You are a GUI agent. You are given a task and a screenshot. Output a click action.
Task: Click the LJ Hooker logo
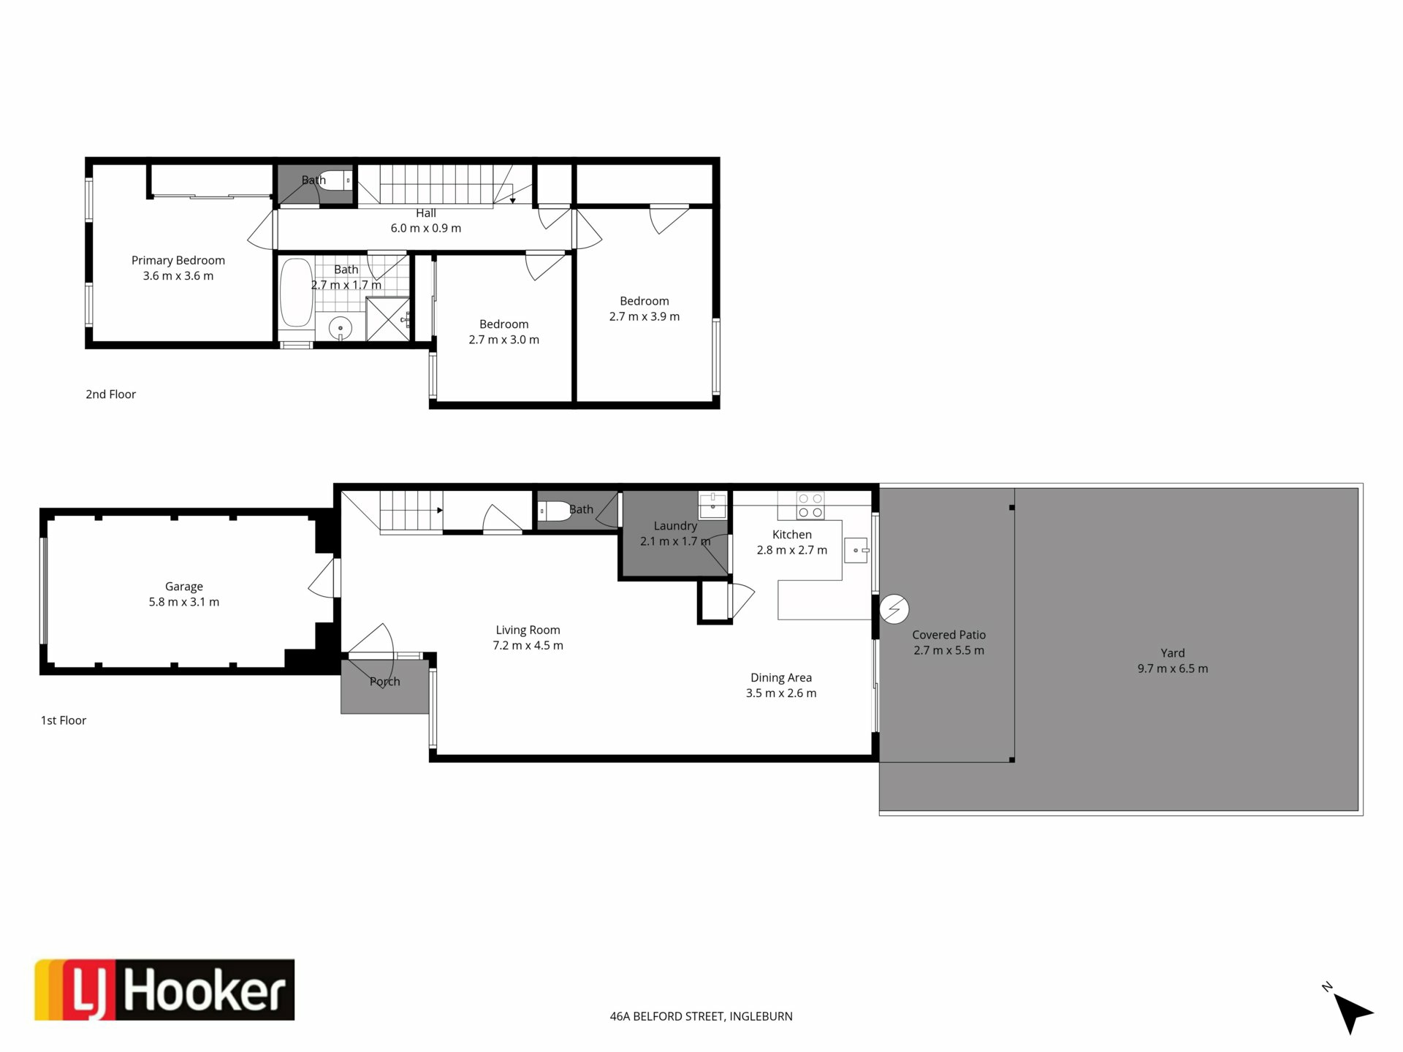(164, 989)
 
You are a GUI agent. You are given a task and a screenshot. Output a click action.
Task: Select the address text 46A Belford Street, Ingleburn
(701, 1016)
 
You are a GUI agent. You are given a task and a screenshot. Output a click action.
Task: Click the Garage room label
(183, 587)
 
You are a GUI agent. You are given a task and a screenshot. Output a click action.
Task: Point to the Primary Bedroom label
(178, 260)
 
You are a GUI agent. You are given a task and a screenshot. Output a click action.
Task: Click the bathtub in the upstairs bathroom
(296, 292)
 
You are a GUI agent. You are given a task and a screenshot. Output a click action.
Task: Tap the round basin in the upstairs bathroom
(341, 329)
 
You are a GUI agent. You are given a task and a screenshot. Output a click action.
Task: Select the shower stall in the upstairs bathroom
(388, 319)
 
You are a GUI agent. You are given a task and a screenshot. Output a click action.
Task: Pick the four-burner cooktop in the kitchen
(810, 506)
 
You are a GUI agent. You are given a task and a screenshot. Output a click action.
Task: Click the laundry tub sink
(712, 504)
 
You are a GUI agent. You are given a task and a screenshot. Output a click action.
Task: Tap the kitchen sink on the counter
(856, 550)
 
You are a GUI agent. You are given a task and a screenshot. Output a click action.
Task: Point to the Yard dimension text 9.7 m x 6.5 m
(1173, 668)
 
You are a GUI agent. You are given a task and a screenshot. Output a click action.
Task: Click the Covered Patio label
(949, 635)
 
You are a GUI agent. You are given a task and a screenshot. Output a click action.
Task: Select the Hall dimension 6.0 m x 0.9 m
(426, 228)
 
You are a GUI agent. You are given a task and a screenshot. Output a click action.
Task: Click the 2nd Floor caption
(111, 394)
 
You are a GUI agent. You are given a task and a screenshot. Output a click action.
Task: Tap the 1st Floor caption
(64, 720)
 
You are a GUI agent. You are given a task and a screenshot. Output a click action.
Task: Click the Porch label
(385, 682)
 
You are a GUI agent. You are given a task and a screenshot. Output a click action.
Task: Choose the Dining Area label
(781, 678)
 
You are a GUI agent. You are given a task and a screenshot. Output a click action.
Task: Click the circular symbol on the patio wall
(894, 609)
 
